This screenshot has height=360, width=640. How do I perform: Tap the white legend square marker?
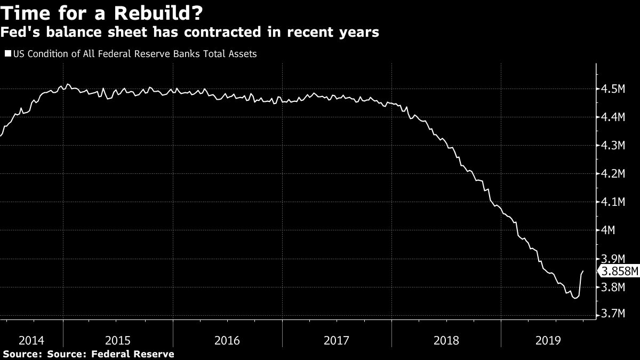[x=7, y=54]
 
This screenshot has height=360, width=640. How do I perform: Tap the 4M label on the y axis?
[x=609, y=230]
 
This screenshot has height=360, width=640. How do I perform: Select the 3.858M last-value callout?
[x=619, y=271]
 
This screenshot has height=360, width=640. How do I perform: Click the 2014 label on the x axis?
[x=31, y=340]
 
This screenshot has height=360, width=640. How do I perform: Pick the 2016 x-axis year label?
[x=228, y=340]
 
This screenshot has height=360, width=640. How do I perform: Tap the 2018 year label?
[x=446, y=340]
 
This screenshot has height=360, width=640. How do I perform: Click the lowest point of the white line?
[x=575, y=298]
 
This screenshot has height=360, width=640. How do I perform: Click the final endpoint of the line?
[x=583, y=271]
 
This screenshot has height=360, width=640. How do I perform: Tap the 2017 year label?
[x=337, y=340]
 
